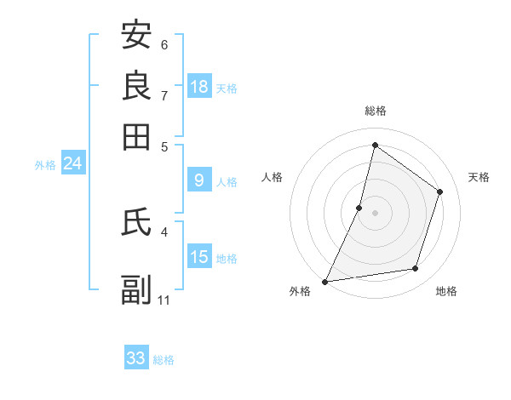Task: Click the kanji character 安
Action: (136, 35)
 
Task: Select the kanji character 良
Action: (136, 85)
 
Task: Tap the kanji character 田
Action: (136, 136)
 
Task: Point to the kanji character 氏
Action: (136, 221)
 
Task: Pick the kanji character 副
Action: (136, 289)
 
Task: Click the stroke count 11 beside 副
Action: (164, 300)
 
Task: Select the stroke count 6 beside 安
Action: (164, 44)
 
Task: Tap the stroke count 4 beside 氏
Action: (164, 231)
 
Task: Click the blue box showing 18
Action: (199, 87)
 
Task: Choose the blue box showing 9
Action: (199, 180)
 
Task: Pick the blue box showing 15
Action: (199, 257)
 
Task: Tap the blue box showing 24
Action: (72, 163)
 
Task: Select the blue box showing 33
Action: (136, 358)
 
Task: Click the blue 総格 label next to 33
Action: (164, 360)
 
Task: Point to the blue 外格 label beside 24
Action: (44, 165)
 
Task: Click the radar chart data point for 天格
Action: (440, 191)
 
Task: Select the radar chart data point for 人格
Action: (359, 208)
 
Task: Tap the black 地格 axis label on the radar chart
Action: (446, 291)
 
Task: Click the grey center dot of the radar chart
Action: (375, 213)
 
